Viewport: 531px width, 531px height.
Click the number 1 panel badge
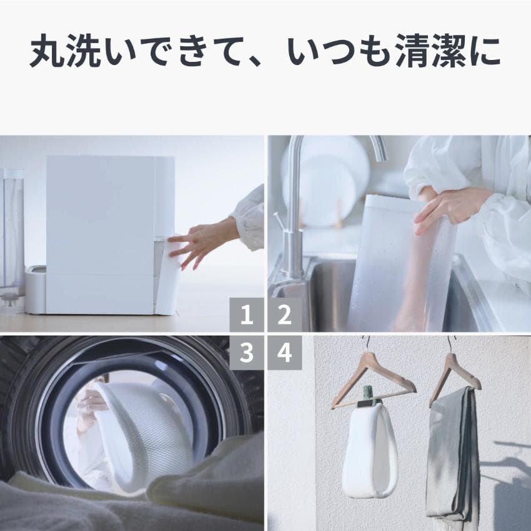(247, 315)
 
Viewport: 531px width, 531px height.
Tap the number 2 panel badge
(284, 315)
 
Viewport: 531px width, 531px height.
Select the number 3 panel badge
(247, 353)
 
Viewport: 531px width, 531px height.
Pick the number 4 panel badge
(284, 353)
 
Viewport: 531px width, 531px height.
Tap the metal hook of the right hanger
(449, 344)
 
